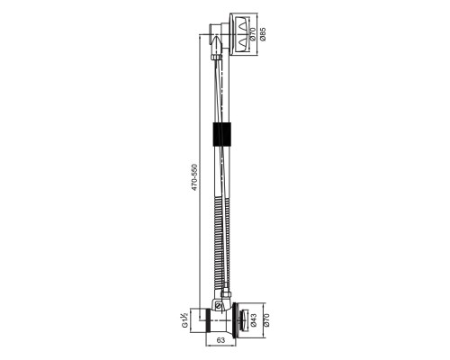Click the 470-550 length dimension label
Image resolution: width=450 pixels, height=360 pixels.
click(x=195, y=177)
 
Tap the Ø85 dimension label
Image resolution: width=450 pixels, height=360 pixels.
click(x=263, y=34)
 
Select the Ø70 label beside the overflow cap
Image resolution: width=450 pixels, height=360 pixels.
click(x=252, y=34)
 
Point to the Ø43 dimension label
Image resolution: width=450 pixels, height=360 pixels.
click(x=253, y=320)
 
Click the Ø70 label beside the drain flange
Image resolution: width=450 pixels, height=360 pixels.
click(x=265, y=320)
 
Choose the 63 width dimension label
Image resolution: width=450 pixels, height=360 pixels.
click(x=220, y=340)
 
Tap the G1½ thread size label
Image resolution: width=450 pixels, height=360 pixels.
click(x=185, y=320)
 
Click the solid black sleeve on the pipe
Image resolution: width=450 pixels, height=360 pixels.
click(x=222, y=134)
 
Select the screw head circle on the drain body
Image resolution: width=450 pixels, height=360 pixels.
click(x=219, y=306)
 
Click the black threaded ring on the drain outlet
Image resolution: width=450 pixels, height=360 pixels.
click(x=206, y=320)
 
